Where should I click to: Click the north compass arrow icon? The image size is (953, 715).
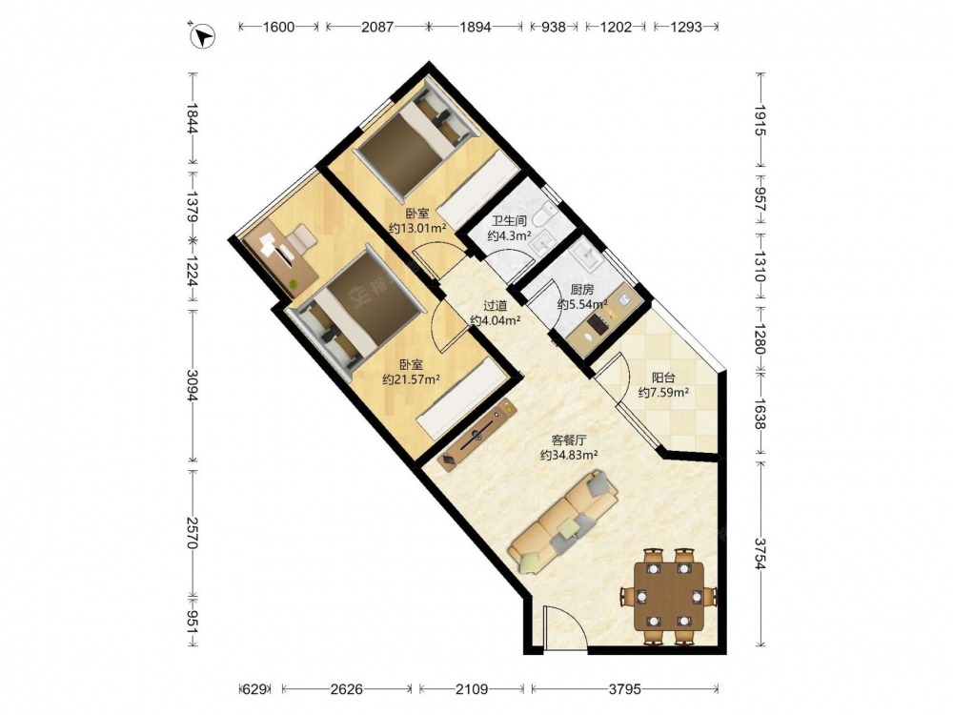point(202,34)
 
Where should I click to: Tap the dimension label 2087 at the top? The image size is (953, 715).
point(376,27)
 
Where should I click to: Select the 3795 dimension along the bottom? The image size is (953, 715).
point(625,689)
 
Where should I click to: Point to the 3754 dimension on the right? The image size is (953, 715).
point(760,553)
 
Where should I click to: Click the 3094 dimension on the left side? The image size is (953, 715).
point(193,385)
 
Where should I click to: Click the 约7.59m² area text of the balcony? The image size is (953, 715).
point(663,393)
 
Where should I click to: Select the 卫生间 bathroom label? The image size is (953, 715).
point(509,221)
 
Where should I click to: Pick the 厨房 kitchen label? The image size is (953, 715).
point(582,290)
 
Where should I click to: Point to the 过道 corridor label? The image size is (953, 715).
point(495,306)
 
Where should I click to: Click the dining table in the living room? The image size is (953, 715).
point(669,596)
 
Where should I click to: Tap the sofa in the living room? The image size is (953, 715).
point(563,521)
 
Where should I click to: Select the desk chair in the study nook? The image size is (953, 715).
point(300,237)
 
